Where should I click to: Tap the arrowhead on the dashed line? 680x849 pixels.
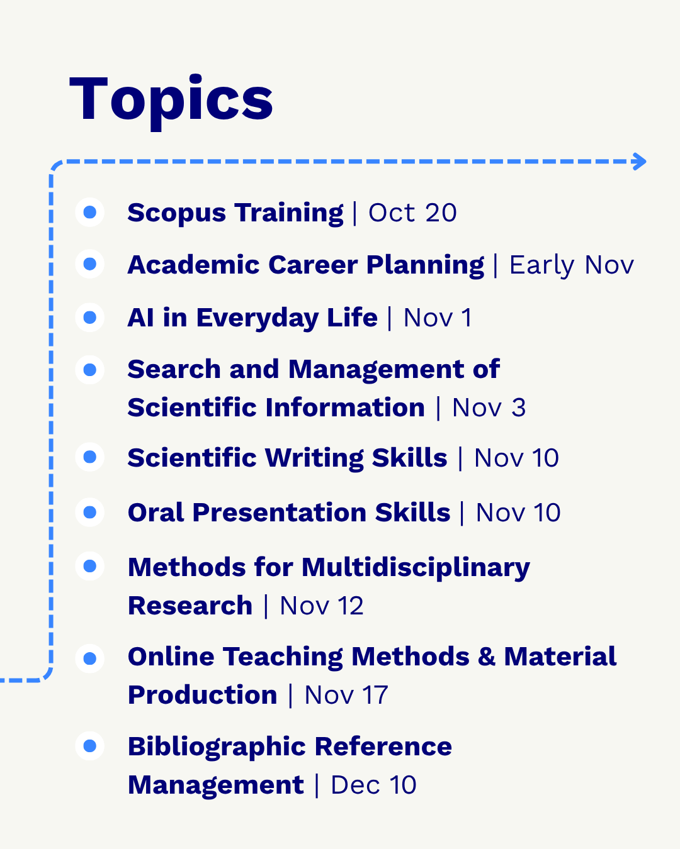point(639,162)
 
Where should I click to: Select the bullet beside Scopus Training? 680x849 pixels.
point(89,212)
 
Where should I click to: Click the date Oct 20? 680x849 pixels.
point(412,213)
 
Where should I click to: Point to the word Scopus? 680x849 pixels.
point(177,213)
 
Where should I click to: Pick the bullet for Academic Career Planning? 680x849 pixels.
point(89,264)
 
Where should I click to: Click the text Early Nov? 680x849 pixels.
point(572,265)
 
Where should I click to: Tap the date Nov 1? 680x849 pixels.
point(438,318)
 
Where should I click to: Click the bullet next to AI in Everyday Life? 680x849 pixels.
point(89,317)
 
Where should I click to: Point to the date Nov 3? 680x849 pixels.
point(489,408)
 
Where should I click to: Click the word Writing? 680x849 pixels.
point(314,458)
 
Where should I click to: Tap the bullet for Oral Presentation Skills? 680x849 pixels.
point(89,512)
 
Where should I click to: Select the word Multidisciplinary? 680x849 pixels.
point(416,568)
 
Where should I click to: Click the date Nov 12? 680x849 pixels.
point(322,606)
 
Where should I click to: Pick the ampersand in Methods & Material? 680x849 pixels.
point(487,657)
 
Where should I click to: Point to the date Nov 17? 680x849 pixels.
point(346,695)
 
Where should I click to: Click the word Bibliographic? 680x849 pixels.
point(217,747)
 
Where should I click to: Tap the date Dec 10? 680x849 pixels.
point(373,785)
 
